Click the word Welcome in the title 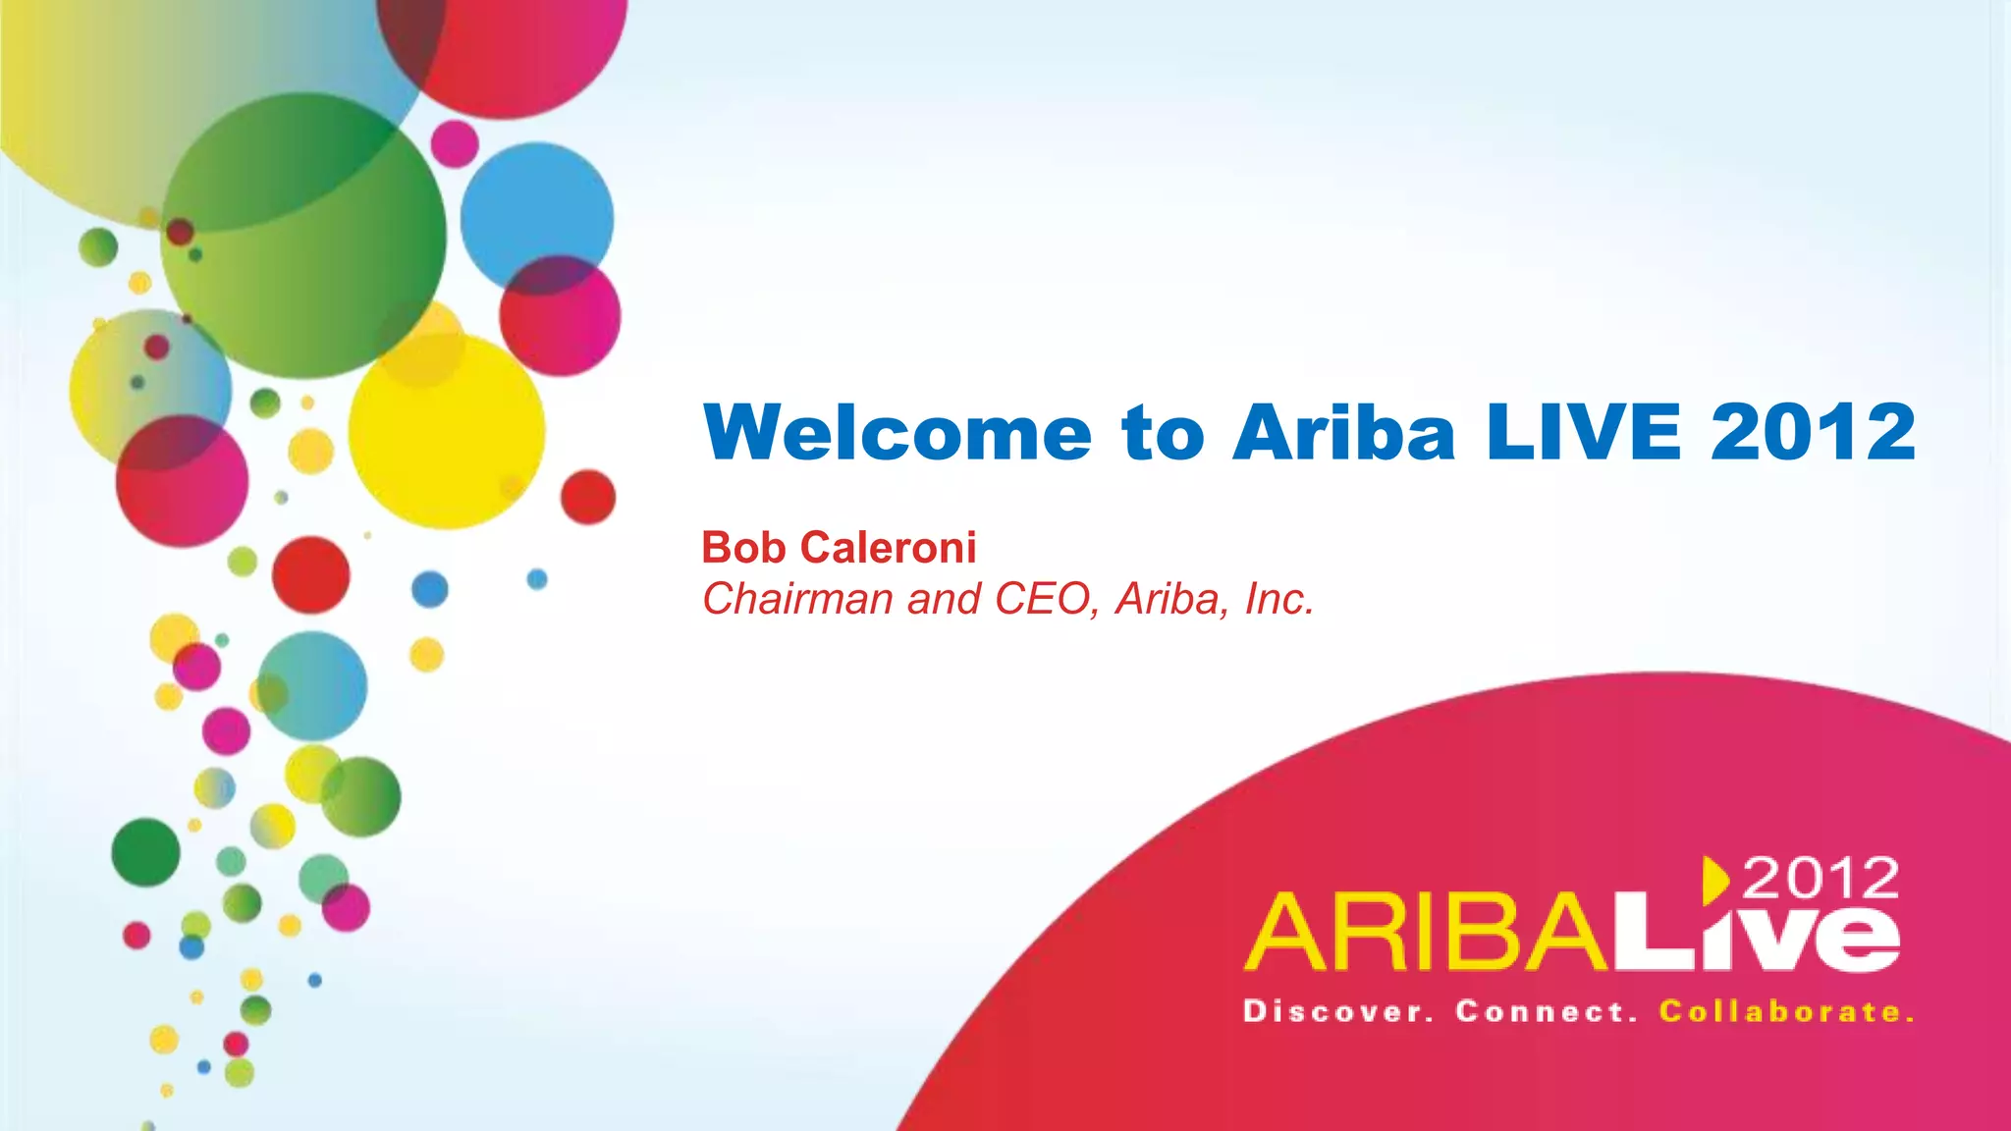[897, 432]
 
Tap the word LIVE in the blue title [1584, 432]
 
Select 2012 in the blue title [1813, 432]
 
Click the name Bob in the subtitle [743, 548]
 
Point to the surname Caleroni [888, 548]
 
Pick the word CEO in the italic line [1042, 599]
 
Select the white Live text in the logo [1758, 933]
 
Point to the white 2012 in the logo [1821, 878]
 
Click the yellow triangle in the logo [1714, 879]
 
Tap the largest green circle [303, 236]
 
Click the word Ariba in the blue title [1343, 432]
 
